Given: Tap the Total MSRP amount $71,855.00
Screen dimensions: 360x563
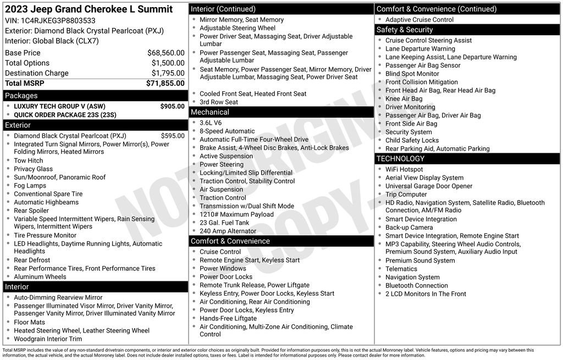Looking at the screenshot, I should pos(165,83).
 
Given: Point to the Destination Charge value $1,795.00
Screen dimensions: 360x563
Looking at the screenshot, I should pos(168,73).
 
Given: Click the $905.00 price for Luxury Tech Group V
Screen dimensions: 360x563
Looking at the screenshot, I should pos(172,106).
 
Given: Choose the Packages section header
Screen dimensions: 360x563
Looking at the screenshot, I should pos(21,96).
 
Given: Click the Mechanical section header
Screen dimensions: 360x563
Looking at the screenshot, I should pos(210,112).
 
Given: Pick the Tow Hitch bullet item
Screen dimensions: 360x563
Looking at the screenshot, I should pos(28,160).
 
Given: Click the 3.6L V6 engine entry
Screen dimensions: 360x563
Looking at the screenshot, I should pos(211,123).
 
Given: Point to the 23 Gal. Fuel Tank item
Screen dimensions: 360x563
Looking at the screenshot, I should pos(224,223).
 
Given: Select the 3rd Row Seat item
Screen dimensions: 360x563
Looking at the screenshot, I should pos(218,102).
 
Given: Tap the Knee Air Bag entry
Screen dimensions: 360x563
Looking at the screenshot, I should pos(404,99).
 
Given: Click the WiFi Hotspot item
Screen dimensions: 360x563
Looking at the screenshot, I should pos(404,169).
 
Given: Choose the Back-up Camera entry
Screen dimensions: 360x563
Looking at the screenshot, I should pos(409,228).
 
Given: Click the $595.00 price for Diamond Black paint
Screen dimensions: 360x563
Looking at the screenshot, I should pos(172,136).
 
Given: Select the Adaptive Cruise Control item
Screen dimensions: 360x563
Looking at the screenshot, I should pos(420,20).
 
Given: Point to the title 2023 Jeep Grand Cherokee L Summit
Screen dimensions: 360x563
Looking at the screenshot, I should pos(89,9).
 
